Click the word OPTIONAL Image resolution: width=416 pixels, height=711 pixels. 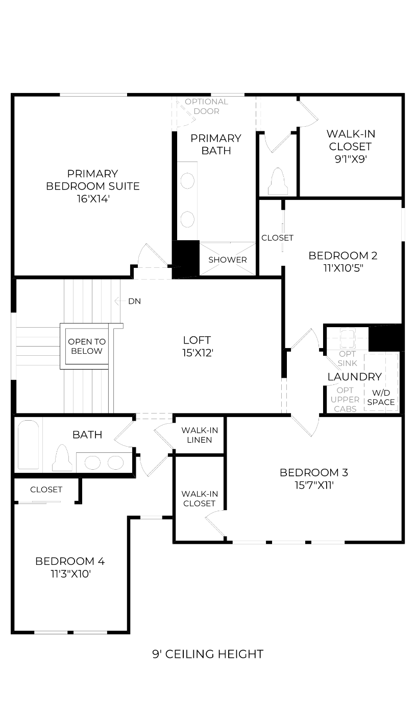(x=206, y=102)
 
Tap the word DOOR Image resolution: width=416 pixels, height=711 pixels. (x=206, y=111)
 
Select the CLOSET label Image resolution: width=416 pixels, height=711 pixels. (x=277, y=238)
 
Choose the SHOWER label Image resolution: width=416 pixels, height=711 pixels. (x=228, y=260)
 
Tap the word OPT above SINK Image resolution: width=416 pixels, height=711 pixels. (x=348, y=354)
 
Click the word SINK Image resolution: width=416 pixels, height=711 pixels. (x=347, y=363)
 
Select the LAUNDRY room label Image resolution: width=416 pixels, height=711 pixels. (x=355, y=377)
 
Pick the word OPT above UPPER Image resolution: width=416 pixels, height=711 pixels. (x=345, y=391)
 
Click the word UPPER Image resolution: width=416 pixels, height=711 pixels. (x=345, y=400)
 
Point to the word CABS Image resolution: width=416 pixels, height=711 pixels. (x=345, y=409)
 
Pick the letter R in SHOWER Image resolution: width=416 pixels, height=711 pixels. (x=244, y=260)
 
